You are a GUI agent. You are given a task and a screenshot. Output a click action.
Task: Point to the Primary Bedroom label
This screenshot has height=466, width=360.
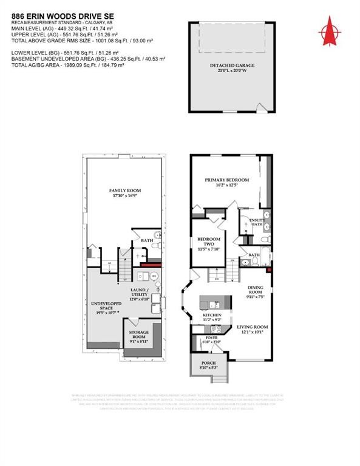tap(226, 180)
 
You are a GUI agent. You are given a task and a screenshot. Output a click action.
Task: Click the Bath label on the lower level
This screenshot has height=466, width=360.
tap(147, 240)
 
